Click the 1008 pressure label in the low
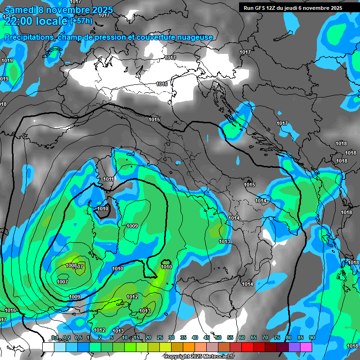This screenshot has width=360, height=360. click(71, 266)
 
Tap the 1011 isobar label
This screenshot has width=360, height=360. click(109, 179)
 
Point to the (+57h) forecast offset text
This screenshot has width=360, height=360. click(82, 21)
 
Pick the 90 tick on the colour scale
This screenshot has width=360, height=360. click(312, 337)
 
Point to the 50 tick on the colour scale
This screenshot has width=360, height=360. click(218, 337)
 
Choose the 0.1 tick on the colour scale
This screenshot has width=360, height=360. click(54, 337)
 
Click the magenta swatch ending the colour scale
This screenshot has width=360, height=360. click(306, 347)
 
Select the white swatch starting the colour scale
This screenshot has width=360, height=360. click(48, 347)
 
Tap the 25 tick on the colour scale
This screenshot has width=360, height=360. click(160, 337)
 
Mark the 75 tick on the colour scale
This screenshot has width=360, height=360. click(277, 337)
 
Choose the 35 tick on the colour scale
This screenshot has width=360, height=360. click(183, 337)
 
